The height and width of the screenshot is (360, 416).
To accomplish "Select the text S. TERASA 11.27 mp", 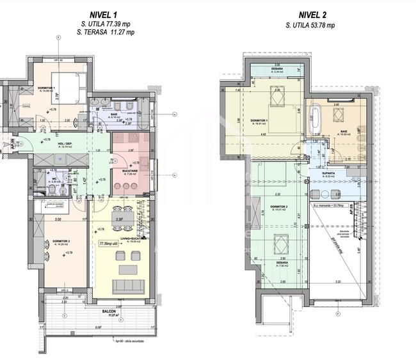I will pyautogui.click(x=103, y=31).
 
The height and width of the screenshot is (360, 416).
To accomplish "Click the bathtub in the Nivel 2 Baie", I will pyautogui.click(x=315, y=119).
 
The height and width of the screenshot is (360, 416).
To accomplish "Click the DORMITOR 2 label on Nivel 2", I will pyautogui.click(x=278, y=207).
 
